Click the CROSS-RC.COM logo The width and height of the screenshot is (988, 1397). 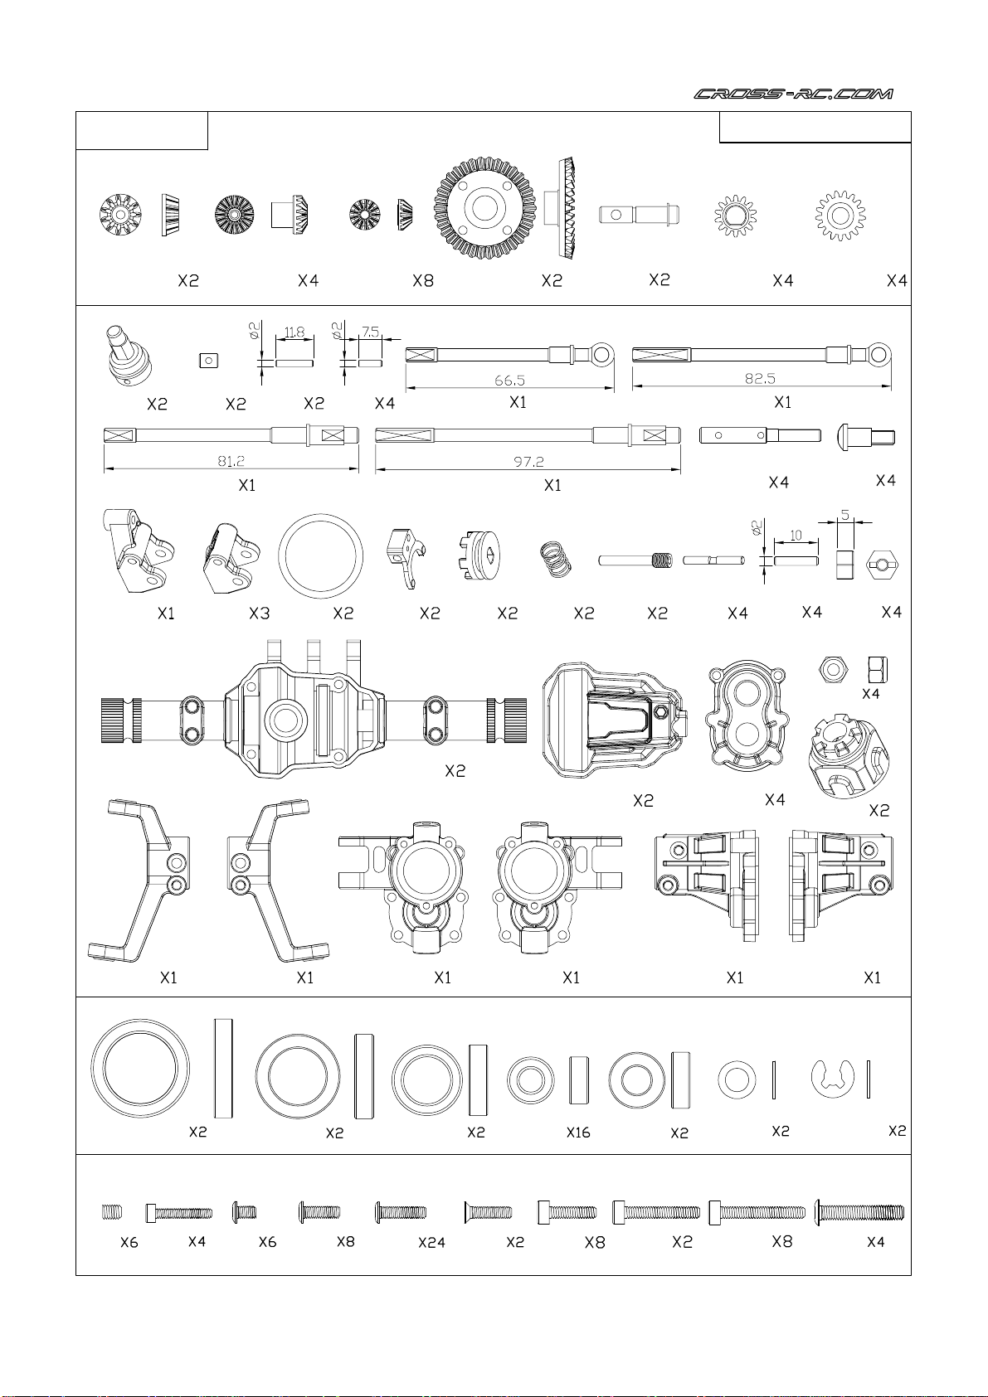[793, 94]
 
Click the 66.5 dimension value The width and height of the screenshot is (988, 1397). [510, 380]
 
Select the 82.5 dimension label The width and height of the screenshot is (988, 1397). [760, 379]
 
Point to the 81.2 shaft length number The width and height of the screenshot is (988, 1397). [231, 461]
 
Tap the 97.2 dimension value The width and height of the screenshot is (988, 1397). [528, 462]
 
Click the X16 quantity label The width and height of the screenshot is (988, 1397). [578, 1133]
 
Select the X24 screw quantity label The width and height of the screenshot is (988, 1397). [431, 1243]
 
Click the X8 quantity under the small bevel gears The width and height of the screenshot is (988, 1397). [423, 281]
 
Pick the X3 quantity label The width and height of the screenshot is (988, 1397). [260, 614]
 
